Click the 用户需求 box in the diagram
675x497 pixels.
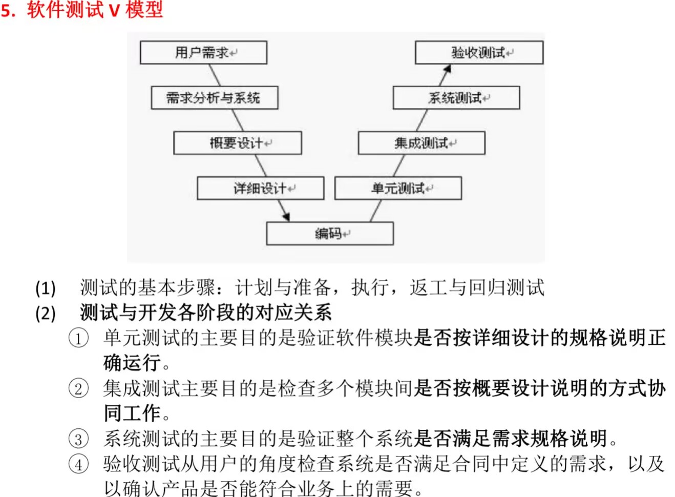[203, 52]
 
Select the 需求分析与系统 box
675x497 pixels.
[214, 97]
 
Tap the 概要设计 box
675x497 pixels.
[237, 143]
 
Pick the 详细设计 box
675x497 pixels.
[260, 188]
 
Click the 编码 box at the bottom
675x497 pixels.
[329, 234]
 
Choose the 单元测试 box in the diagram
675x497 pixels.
[398, 188]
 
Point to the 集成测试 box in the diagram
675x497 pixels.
[421, 143]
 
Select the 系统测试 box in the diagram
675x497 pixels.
[456, 97]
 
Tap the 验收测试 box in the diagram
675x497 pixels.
[478, 52]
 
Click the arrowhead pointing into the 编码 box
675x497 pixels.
[286, 216]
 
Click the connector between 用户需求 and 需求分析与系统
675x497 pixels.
[215, 75]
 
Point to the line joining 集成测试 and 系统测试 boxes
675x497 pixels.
[421, 120]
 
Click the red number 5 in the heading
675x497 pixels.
[6, 10]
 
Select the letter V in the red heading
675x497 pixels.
[114, 10]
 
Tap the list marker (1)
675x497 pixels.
[46, 288]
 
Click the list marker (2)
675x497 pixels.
[46, 313]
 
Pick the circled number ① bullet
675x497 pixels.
[78, 338]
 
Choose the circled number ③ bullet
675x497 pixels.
[78, 439]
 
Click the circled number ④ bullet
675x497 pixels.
[78, 464]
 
